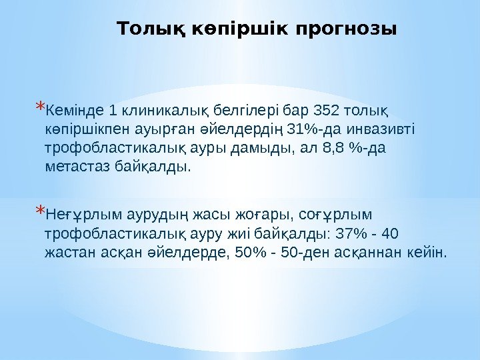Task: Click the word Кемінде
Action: point(74,109)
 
